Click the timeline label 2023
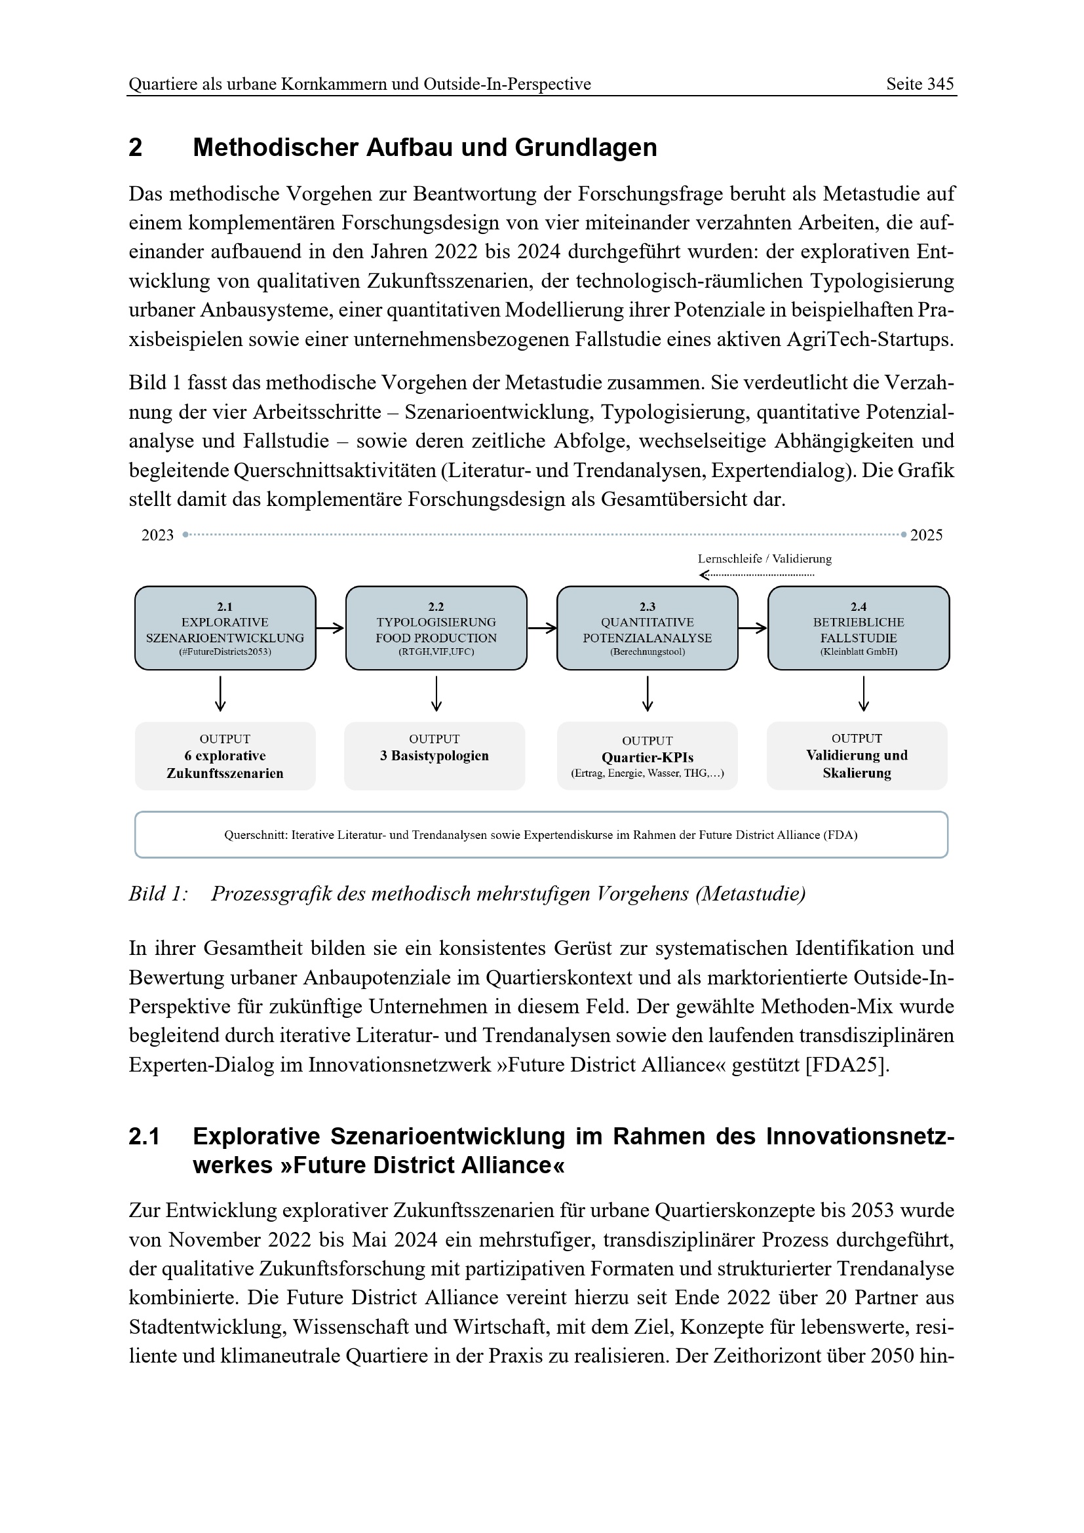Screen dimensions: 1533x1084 (x=157, y=535)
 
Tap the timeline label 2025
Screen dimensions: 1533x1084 (x=927, y=535)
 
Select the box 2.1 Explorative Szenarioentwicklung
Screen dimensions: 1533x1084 (x=225, y=629)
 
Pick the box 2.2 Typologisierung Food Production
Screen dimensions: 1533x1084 (x=436, y=629)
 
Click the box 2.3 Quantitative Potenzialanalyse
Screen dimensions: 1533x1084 (x=647, y=629)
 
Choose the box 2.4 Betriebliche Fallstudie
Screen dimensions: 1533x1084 (x=859, y=629)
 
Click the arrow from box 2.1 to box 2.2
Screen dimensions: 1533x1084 (x=330, y=628)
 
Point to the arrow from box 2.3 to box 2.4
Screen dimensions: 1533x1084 (x=753, y=628)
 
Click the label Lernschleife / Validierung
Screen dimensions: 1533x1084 (x=764, y=559)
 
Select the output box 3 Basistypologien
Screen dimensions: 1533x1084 (x=435, y=756)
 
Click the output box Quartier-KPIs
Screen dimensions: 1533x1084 (x=647, y=756)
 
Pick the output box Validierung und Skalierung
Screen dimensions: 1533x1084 (x=857, y=756)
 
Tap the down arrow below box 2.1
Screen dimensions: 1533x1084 (x=220, y=693)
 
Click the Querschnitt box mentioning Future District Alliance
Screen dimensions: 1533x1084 (x=541, y=834)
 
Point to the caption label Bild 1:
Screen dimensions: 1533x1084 (x=158, y=893)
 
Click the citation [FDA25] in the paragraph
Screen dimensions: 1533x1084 (x=847, y=1064)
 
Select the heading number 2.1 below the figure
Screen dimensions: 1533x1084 (x=144, y=1136)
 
